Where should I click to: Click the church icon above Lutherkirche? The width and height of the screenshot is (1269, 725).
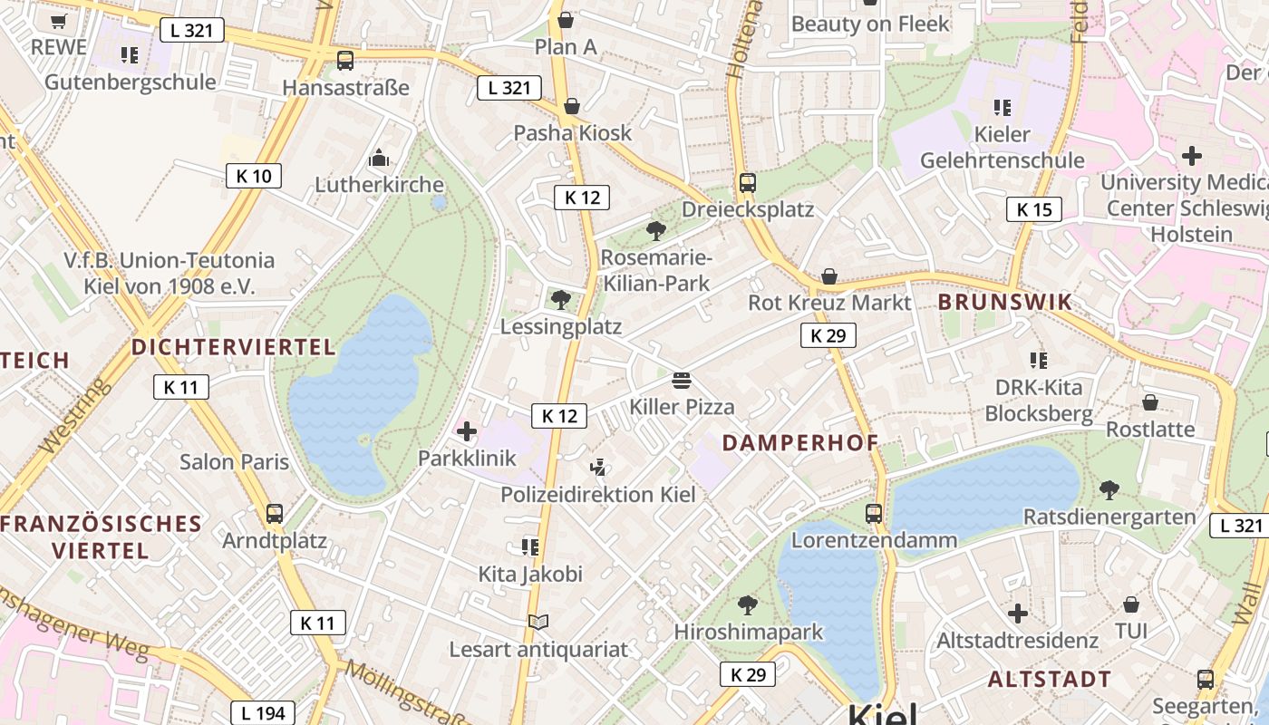[379, 159]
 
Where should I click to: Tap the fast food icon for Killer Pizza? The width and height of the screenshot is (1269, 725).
[682, 380]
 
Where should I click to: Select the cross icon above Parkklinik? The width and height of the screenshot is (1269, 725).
[467, 431]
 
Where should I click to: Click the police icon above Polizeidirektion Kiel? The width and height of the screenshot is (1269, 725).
[597, 468]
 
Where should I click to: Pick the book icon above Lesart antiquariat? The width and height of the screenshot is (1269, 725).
[538, 622]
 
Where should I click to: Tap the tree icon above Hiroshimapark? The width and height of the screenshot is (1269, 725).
[748, 604]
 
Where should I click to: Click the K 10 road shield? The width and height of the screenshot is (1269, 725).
[253, 176]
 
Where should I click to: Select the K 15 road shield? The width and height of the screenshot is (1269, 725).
[1034, 210]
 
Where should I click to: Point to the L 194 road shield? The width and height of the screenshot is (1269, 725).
[264, 713]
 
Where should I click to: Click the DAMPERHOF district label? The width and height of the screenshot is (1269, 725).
[800, 443]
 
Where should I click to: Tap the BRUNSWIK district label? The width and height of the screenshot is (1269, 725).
[1005, 303]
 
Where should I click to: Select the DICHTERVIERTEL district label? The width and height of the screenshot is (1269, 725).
[234, 347]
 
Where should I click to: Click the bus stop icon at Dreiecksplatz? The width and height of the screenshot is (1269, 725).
[747, 183]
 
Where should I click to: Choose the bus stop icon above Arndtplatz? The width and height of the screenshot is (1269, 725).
[275, 514]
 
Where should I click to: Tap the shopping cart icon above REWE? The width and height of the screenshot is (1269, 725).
[59, 21]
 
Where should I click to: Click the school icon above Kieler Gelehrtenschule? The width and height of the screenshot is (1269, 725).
[1002, 108]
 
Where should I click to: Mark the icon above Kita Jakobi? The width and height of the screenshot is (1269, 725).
[530, 546]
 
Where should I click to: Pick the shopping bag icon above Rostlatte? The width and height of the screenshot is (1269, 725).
[1150, 401]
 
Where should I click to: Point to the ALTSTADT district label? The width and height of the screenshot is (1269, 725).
[1050, 680]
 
